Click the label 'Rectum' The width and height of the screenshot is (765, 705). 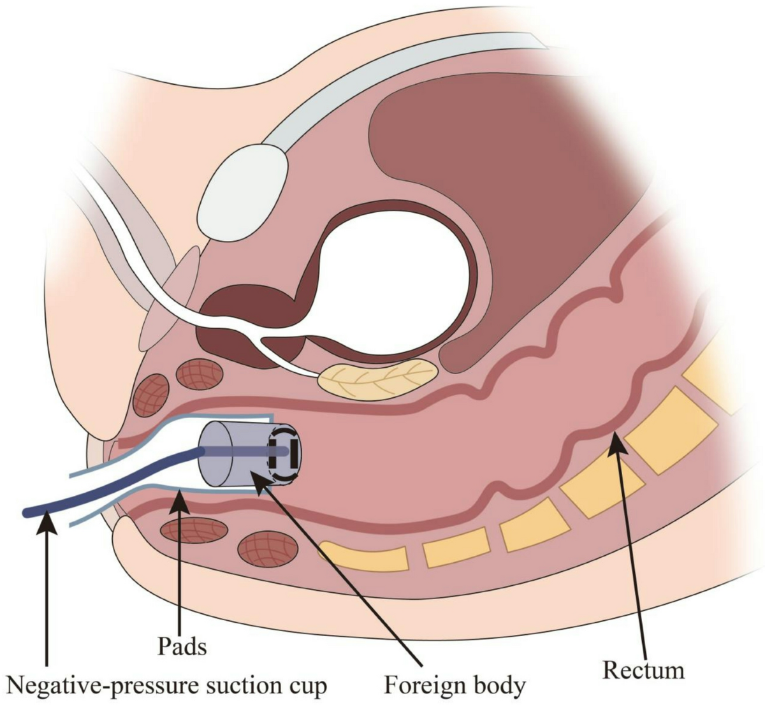[643, 670]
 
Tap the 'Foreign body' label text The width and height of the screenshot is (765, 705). [455, 685]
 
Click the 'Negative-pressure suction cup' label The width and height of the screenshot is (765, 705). [167, 685]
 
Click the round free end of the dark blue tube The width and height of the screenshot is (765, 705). [27, 511]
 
